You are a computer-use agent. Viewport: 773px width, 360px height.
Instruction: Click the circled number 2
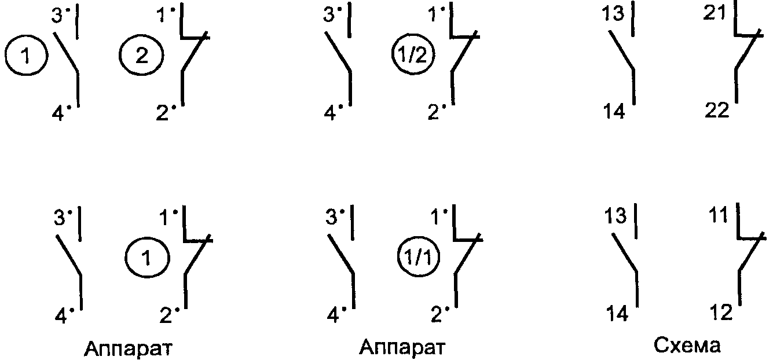(142, 57)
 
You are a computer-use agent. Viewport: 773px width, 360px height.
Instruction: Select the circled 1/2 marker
(413, 57)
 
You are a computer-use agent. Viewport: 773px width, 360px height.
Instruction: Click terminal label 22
(716, 111)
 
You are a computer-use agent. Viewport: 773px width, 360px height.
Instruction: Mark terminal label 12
(720, 313)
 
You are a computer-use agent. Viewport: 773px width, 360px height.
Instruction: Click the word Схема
(687, 347)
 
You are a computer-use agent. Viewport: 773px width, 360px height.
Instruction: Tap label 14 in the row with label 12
(617, 315)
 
